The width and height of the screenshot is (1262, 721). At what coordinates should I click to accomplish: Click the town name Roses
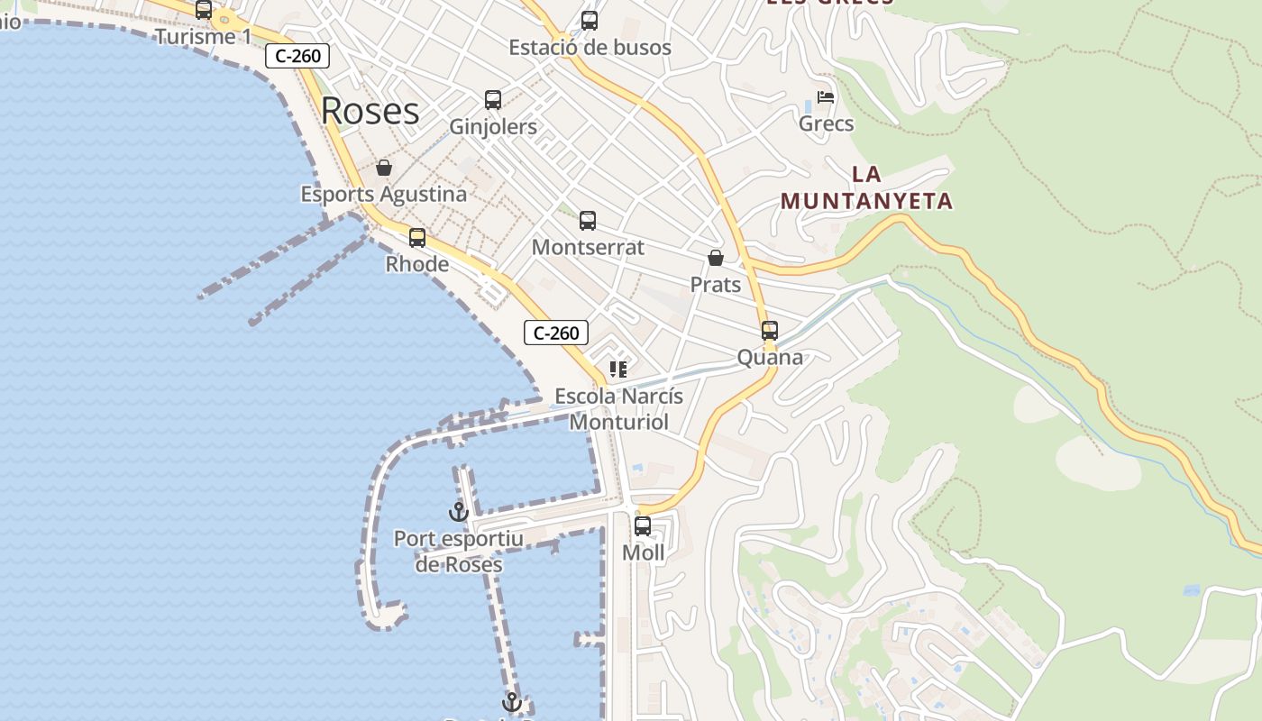click(x=370, y=111)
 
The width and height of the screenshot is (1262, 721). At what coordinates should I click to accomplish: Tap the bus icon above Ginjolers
click(x=493, y=100)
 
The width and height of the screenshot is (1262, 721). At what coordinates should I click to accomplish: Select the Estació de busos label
click(x=590, y=47)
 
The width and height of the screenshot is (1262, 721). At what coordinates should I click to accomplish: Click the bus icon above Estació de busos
click(x=590, y=20)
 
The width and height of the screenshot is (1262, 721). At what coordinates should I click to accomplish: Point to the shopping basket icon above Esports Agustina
click(x=384, y=168)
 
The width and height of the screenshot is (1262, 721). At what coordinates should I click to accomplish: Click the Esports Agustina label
click(x=384, y=194)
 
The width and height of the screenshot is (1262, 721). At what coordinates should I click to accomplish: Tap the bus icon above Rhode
click(x=417, y=238)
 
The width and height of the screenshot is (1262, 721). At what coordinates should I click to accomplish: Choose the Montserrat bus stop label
click(x=588, y=247)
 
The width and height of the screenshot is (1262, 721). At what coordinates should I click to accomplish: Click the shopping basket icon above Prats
click(x=716, y=259)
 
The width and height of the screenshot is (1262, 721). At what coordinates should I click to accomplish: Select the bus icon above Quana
click(x=770, y=331)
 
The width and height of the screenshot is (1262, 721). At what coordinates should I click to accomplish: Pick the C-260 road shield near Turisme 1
click(x=297, y=56)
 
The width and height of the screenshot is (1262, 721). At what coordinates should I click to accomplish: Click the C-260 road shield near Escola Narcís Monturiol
click(x=556, y=333)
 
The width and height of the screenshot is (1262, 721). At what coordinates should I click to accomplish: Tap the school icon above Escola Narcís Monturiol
click(x=617, y=370)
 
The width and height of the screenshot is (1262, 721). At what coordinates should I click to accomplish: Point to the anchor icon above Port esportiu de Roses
click(x=459, y=512)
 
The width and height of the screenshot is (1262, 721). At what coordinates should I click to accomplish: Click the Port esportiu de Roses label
click(x=458, y=552)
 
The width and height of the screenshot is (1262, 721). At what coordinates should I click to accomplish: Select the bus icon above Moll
click(x=643, y=526)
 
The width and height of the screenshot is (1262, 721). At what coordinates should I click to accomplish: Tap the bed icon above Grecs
click(x=826, y=97)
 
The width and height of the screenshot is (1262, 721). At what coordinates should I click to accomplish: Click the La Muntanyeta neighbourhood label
click(x=866, y=187)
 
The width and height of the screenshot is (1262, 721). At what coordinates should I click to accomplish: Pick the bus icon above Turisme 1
click(x=204, y=10)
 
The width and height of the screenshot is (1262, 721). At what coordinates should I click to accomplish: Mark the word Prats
click(x=716, y=285)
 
